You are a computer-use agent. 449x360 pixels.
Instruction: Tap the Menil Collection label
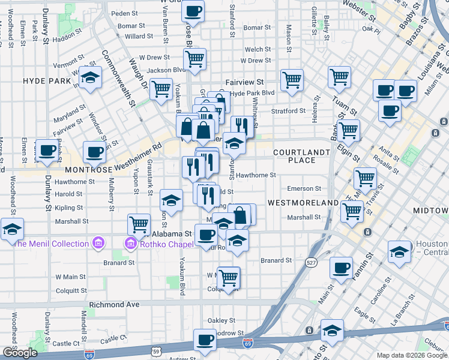[51, 244]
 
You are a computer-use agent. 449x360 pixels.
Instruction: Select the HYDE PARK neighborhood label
[47, 80]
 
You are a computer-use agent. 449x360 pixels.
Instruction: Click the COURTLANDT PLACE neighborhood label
[302, 156]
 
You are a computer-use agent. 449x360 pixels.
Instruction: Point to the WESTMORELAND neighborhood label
[303, 203]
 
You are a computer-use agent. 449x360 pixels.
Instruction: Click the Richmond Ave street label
[114, 305]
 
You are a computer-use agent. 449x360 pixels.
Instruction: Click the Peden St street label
[124, 13]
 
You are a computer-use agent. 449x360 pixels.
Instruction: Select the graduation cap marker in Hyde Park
[91, 78]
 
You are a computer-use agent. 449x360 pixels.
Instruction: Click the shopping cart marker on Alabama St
[139, 225]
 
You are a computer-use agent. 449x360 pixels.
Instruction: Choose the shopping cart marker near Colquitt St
[229, 277]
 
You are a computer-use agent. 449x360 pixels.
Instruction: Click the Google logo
[20, 353]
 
